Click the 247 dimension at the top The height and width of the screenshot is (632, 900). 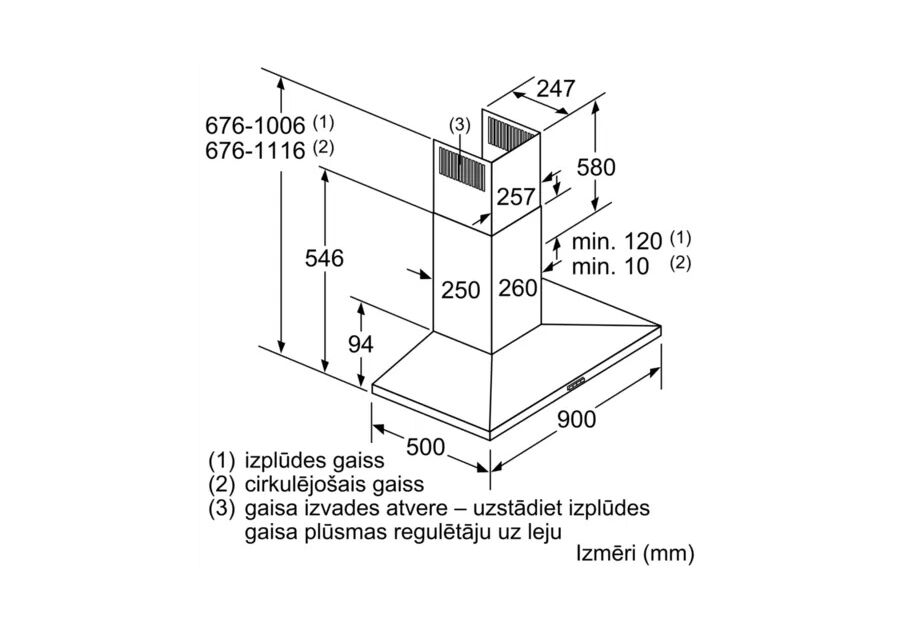point(556,89)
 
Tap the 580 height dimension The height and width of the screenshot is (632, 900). point(596,167)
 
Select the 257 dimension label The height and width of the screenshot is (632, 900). point(516,197)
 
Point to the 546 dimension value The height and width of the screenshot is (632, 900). point(324,258)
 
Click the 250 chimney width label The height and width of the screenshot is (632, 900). point(461,290)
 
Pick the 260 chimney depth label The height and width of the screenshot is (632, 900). point(517,288)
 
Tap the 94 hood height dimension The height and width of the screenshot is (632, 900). point(360,344)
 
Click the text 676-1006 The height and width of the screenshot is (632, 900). point(256,127)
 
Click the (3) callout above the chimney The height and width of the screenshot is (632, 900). point(459,125)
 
